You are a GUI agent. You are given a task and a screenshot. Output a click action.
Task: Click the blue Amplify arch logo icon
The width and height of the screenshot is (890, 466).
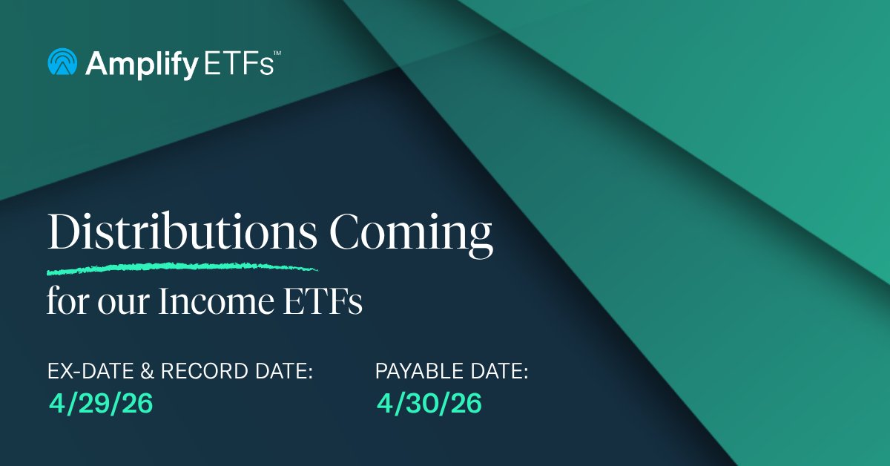point(62,63)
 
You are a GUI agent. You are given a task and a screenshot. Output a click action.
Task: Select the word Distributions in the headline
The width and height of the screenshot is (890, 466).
point(182,234)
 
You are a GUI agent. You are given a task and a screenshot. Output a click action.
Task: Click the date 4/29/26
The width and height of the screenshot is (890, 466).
point(101,404)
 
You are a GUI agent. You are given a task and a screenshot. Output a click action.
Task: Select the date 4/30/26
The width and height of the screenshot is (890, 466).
point(429,404)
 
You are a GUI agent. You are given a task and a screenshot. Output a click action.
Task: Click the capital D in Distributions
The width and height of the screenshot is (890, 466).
point(63,234)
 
